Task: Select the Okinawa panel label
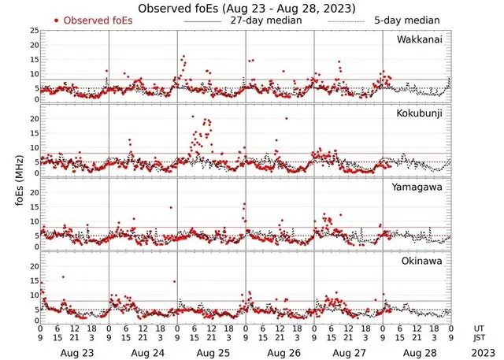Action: tap(423, 260)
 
